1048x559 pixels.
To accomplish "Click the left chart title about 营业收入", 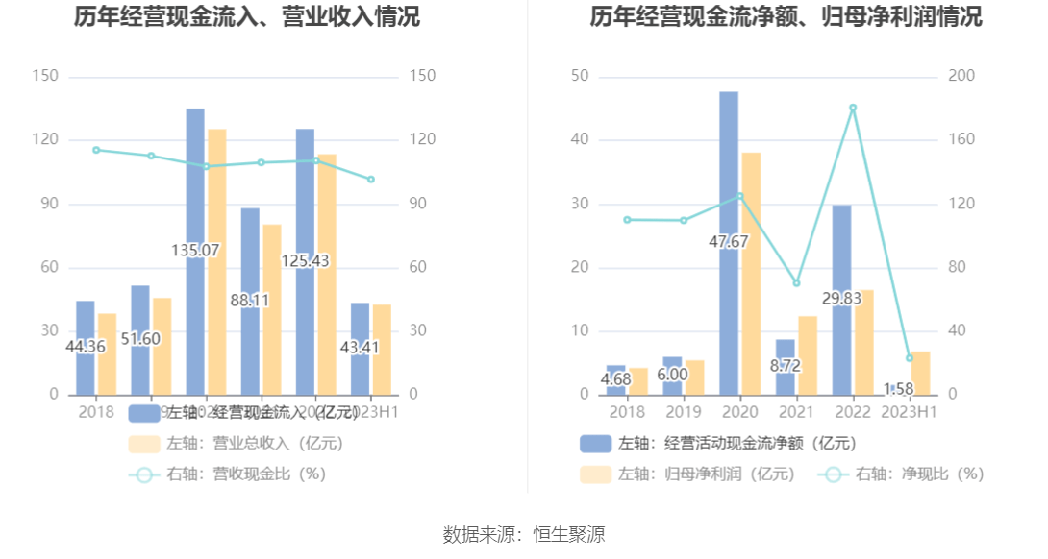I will coord(247,17).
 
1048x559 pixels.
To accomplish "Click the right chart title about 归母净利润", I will coord(786,17).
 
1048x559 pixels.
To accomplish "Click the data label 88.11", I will coord(250,300).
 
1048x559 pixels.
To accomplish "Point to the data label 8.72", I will coord(786,366).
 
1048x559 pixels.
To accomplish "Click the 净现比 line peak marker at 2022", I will coord(852,108).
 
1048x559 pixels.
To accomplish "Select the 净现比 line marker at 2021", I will coord(796,282).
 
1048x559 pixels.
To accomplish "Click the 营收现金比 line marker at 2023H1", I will coord(371,180).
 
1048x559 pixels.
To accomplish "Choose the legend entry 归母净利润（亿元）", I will coord(688,474).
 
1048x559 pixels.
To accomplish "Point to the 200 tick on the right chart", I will coord(963,76).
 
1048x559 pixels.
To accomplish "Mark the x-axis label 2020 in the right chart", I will coord(739,412).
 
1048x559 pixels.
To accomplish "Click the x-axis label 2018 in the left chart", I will coord(96,412).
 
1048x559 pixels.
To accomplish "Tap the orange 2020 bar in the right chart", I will coord(751,274).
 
